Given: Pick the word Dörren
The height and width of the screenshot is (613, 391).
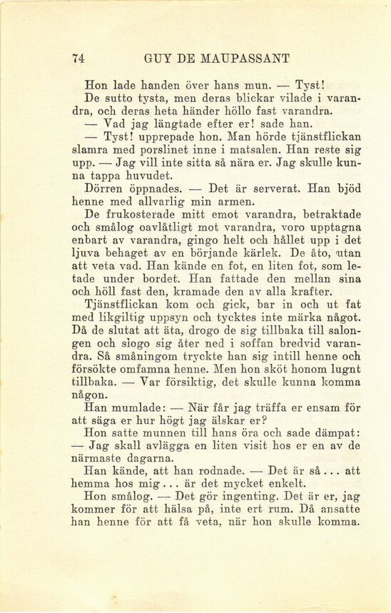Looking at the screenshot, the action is (x=108, y=190).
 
